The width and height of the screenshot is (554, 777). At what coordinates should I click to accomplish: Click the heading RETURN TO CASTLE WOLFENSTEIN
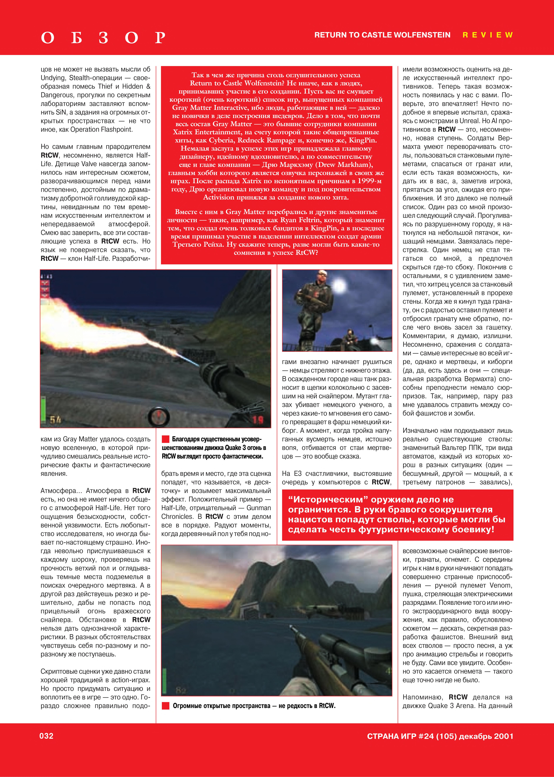point(382,35)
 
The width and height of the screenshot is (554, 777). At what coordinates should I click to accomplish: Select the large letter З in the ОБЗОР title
point(103,38)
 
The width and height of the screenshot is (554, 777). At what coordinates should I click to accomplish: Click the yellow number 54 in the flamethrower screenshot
point(55,420)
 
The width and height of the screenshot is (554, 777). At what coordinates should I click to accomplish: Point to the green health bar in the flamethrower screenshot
point(43,410)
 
